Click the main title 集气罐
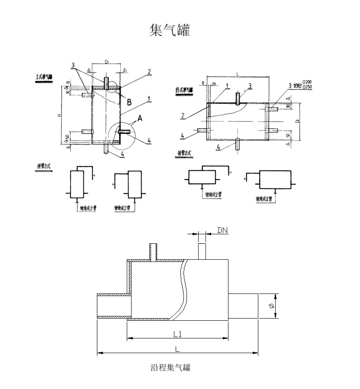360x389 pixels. [169, 30]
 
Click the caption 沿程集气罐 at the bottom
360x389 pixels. [170, 368]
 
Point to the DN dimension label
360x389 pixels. [222, 231]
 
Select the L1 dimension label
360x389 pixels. [177, 334]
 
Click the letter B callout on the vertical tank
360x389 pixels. [129, 102]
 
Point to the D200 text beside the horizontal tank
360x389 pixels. [308, 82]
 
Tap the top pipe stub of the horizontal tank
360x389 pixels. [237, 98]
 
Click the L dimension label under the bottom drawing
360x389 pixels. [177, 349]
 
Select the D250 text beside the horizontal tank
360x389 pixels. [308, 87]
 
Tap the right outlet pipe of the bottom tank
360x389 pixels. [243, 306]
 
